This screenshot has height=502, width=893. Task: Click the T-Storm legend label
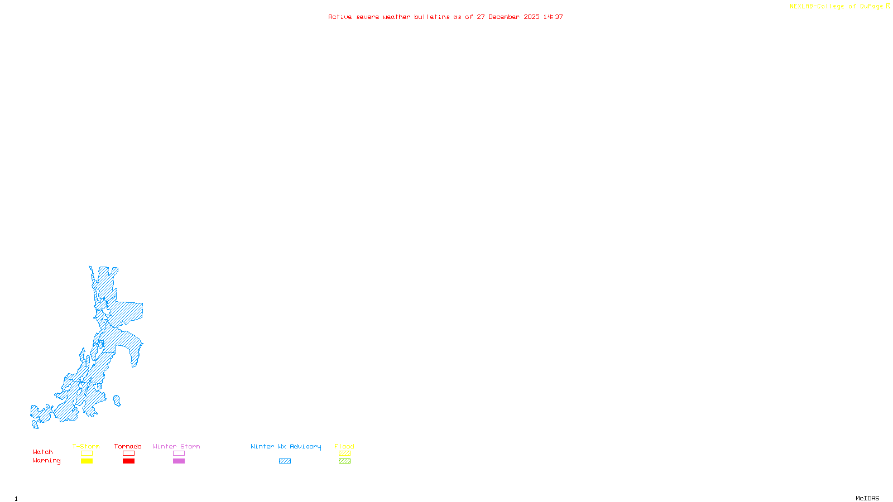coord(86,446)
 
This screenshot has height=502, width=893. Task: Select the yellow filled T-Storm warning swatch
coord(87,461)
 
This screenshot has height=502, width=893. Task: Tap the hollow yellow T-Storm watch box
coord(87,453)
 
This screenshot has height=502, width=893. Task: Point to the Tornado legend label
coord(128,446)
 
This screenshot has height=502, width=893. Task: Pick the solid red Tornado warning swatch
coord(128,461)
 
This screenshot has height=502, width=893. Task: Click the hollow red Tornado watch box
coord(128,453)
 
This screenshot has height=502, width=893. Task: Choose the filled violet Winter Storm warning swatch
coord(179,461)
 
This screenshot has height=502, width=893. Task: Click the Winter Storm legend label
coord(176,446)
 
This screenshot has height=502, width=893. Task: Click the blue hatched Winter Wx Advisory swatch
coord(285,461)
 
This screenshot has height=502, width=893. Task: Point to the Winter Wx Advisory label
coord(286,446)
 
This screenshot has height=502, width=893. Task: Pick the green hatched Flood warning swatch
coord(344,461)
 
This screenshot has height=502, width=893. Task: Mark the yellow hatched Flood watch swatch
coord(344,453)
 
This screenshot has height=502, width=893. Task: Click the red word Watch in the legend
coord(43,452)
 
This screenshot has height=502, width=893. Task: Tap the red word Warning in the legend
coord(46,461)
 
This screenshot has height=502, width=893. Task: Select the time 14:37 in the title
coord(553,17)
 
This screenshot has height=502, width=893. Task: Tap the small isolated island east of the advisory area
coord(117,400)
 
